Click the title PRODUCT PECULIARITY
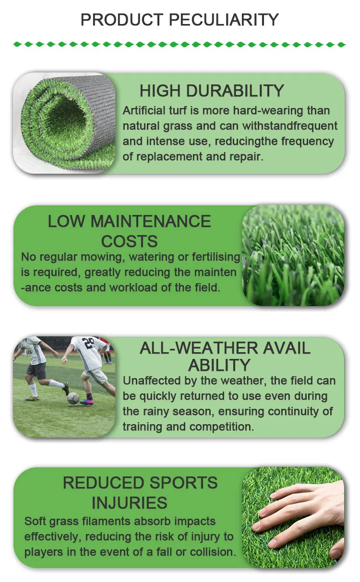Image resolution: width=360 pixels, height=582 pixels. tap(180, 20)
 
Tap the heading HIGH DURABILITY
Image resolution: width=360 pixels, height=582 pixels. tap(212, 91)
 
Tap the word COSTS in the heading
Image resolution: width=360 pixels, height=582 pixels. tap(129, 241)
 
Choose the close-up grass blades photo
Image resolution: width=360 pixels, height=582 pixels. tap(293, 255)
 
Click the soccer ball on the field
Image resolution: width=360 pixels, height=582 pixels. tap(73, 398)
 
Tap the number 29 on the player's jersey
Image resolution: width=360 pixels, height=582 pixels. tap(89, 344)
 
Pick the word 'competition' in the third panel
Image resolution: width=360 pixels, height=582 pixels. tap(222, 427)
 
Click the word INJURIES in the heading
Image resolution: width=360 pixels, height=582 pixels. tap(129, 503)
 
